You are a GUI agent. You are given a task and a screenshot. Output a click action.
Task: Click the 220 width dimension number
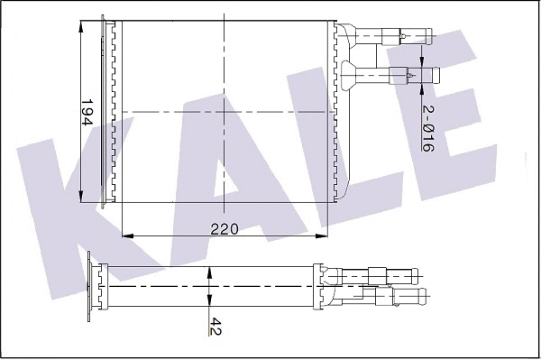tap(225, 229)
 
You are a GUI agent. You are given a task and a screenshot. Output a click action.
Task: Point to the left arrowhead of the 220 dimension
tap(125, 235)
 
